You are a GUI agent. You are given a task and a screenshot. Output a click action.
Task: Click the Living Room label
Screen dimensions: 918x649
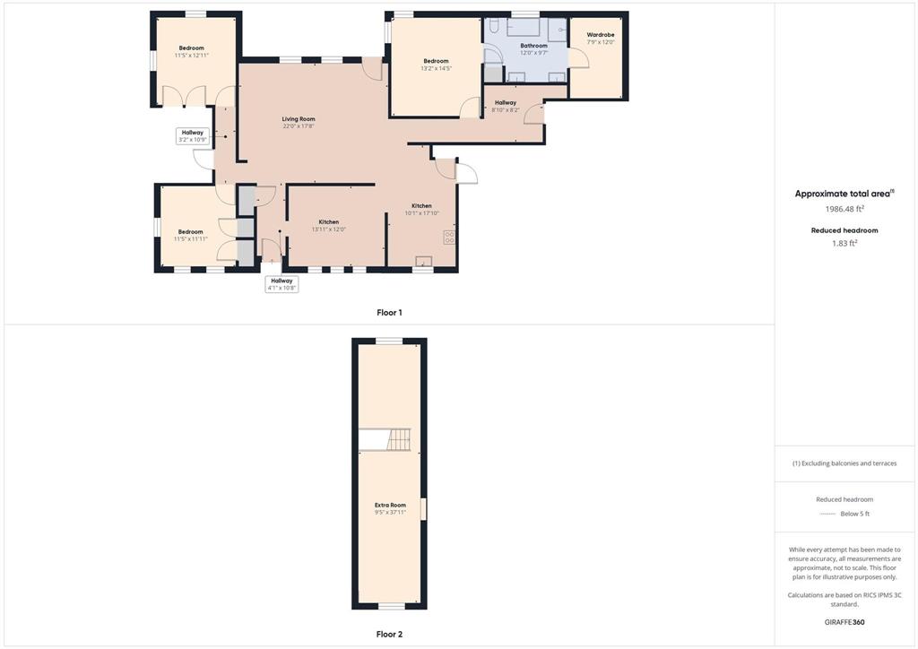299,119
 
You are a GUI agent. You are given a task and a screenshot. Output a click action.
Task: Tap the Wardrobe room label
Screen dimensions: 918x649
601,35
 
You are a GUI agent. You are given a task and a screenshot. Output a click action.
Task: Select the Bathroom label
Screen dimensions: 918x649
534,46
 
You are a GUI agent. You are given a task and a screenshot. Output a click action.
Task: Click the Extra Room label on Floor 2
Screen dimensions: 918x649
390,505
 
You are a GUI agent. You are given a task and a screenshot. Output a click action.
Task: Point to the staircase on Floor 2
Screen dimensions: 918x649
399,439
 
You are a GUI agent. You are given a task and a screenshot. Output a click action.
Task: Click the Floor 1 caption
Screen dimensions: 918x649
389,313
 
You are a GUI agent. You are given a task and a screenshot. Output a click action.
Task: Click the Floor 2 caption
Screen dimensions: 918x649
389,634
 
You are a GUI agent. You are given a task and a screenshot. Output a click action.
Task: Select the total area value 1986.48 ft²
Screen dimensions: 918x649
844,209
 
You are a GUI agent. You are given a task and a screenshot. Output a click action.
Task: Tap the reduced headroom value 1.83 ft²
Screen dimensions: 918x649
844,243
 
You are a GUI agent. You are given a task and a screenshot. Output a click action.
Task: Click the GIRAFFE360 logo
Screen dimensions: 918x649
844,622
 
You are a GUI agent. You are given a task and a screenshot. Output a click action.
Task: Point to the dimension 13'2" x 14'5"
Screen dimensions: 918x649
437,68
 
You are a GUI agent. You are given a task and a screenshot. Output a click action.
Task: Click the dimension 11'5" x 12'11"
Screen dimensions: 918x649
192,56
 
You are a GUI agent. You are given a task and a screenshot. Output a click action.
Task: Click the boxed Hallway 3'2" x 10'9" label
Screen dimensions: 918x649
192,136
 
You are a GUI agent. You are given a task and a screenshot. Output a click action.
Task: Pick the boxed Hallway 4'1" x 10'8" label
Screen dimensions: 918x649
281,284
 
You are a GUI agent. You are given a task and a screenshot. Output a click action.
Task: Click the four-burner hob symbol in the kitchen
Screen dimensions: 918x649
449,237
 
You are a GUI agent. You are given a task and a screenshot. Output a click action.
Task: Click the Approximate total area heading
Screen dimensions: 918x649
843,194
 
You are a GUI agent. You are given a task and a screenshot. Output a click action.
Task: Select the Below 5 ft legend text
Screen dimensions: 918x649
854,514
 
